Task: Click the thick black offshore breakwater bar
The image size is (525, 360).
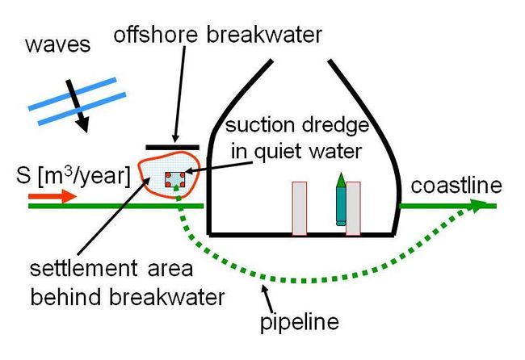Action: (174, 148)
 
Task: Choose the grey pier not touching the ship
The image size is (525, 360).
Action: (299, 208)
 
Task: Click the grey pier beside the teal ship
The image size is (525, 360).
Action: (353, 208)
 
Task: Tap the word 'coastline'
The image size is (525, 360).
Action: (456, 186)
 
